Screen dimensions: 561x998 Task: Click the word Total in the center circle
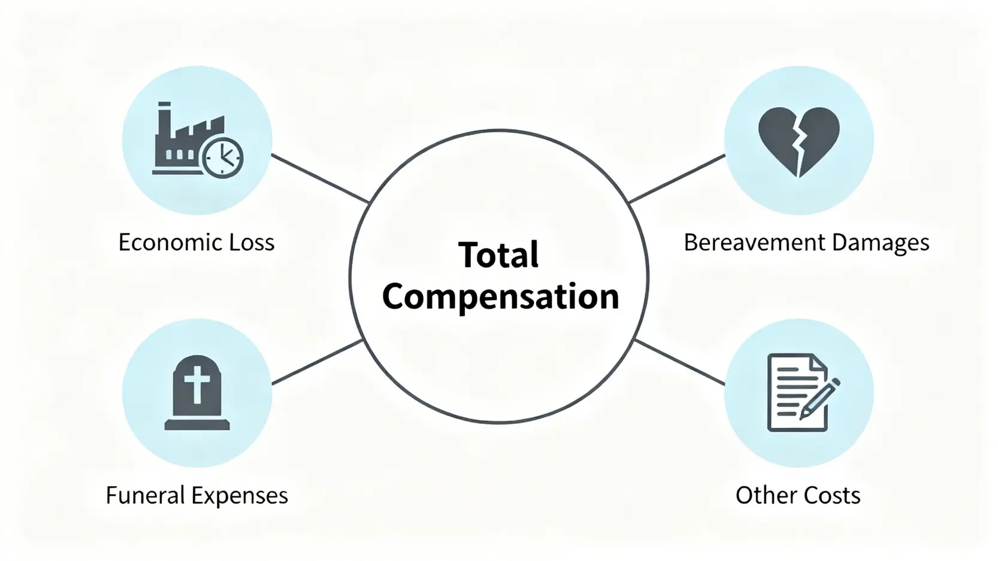498,255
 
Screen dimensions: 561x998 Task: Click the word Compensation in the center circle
500,297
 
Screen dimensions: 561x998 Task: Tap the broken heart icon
799,141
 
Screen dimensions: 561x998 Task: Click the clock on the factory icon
223,158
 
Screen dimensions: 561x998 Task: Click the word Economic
162,242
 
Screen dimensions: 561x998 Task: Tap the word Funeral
145,496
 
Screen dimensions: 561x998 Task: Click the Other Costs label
798,496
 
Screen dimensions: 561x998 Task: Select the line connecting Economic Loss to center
320,178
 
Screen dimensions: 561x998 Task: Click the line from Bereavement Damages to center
677,178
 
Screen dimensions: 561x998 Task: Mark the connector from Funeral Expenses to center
317,362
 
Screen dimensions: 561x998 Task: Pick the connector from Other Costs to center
679,362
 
